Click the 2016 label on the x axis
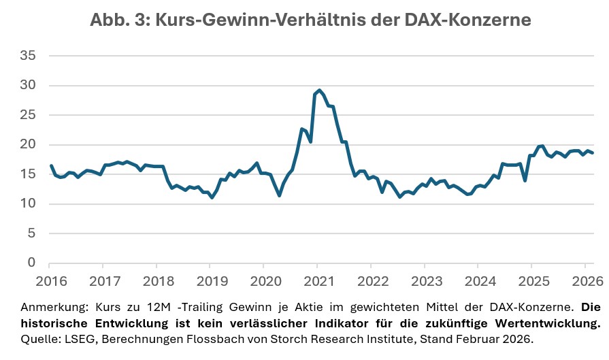(x=49, y=280)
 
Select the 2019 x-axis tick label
(x=210, y=280)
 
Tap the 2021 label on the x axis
(x=316, y=280)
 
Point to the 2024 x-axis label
(x=477, y=280)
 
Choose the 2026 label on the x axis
(x=584, y=280)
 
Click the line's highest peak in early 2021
(x=320, y=90)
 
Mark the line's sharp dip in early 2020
(x=280, y=195)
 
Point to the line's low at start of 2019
(x=212, y=197)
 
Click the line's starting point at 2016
(x=50, y=165)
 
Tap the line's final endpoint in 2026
(x=592, y=152)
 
